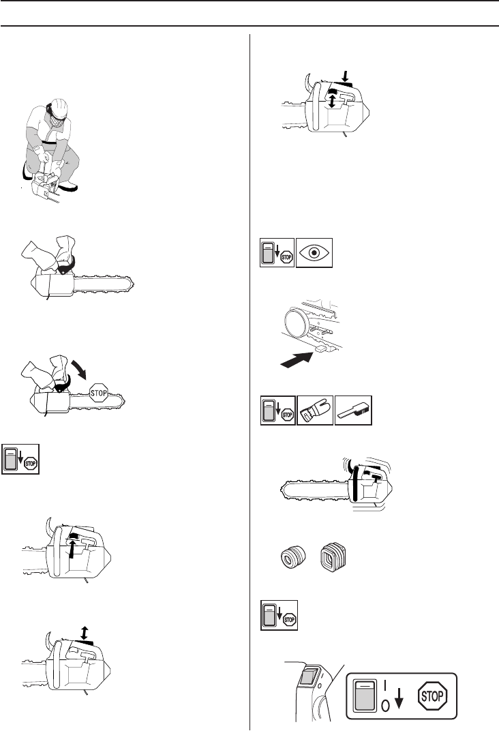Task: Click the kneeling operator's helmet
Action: (59, 107)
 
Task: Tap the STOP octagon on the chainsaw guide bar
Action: (98, 393)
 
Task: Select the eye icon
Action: (314, 252)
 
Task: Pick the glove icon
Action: (315, 411)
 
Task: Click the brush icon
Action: (353, 411)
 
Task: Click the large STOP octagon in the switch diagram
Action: (432, 696)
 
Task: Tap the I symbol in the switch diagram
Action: (385, 685)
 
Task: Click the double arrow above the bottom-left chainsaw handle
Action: (83, 633)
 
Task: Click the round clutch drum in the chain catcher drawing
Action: (294, 321)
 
